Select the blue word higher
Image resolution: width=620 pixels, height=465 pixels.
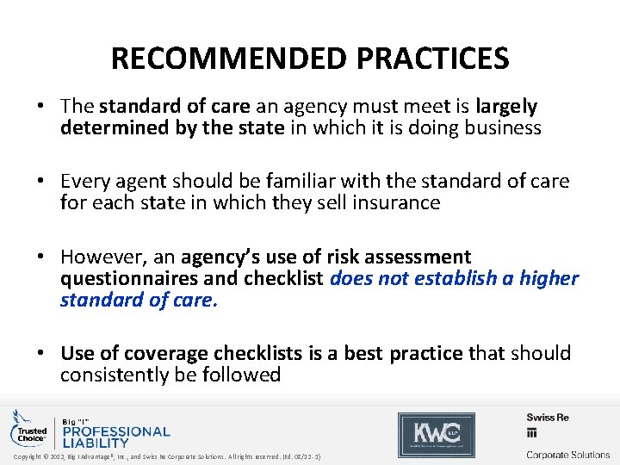pos(549,278)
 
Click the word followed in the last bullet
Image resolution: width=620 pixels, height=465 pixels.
pos(245,375)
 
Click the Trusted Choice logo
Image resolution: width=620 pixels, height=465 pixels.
pos(28,430)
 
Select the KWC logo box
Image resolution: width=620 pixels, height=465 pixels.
pos(436,434)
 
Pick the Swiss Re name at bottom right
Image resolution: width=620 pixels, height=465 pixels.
pos(548,418)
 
